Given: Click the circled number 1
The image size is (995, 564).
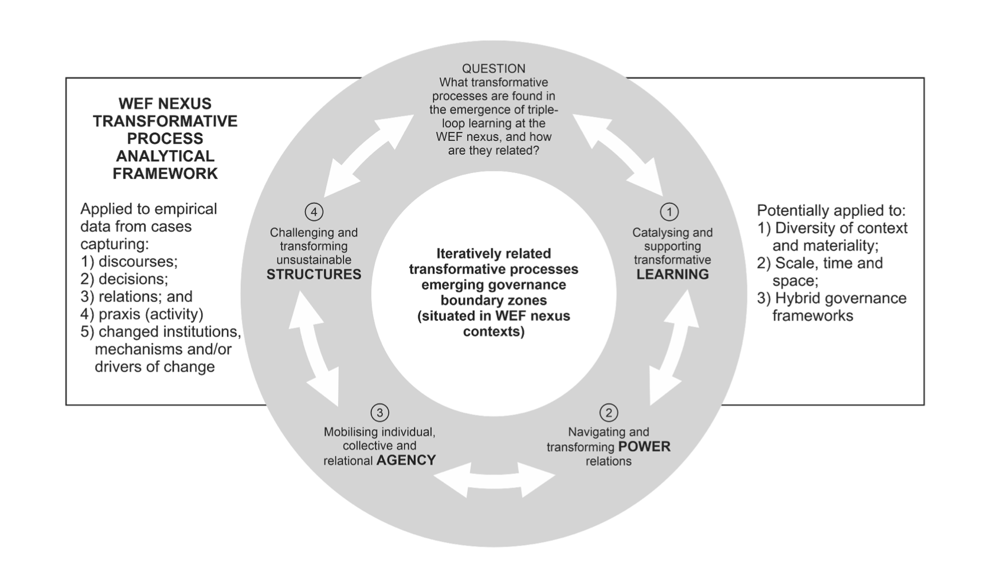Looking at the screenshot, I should (x=669, y=212).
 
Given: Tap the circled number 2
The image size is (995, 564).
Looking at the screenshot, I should (x=608, y=413).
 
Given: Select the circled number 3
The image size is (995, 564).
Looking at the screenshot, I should (x=379, y=413).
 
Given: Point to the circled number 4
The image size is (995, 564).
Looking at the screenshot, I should (x=314, y=212).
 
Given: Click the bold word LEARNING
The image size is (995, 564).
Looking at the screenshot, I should (x=672, y=275).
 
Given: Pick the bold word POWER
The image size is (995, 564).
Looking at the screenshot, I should (x=644, y=446).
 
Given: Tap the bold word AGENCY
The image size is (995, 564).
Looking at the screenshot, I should (x=406, y=460).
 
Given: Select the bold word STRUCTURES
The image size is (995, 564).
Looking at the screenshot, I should (x=314, y=275).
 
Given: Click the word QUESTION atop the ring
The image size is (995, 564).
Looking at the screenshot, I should (x=493, y=69).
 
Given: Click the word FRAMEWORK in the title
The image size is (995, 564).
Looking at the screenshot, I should (x=165, y=174).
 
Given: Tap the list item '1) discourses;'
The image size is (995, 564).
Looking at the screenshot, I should (x=130, y=262).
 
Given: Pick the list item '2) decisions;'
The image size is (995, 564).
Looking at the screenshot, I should (x=124, y=279).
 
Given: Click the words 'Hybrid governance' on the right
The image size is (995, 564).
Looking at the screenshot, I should (x=840, y=299).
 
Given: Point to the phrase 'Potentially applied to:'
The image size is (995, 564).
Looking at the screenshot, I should (x=831, y=210).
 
